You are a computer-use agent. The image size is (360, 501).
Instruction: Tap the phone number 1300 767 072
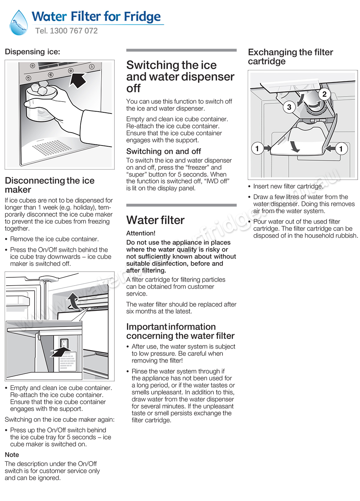tap(73, 31)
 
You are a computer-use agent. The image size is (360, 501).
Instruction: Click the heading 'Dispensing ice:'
tap(32, 52)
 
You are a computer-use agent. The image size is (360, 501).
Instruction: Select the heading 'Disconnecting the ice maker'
tap(50, 185)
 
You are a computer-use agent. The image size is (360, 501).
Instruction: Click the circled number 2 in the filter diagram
tap(324, 94)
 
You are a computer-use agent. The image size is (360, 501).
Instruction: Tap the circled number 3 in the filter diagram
tap(289, 107)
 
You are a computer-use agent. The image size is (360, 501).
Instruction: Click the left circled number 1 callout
tap(257, 148)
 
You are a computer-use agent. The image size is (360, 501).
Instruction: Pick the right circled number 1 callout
tap(341, 148)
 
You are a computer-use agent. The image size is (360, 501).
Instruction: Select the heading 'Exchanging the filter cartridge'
tap(290, 57)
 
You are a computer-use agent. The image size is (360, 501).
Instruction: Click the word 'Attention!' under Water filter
tap(141, 233)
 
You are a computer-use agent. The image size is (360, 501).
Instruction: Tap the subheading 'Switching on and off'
tap(163, 151)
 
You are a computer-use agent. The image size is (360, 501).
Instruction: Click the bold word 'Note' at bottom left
tap(12, 455)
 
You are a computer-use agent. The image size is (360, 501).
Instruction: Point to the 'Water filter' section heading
tap(155, 220)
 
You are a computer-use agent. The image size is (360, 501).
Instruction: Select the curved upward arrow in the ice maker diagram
tap(73, 301)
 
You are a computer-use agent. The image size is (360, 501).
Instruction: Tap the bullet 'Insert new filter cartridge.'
tap(288, 186)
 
